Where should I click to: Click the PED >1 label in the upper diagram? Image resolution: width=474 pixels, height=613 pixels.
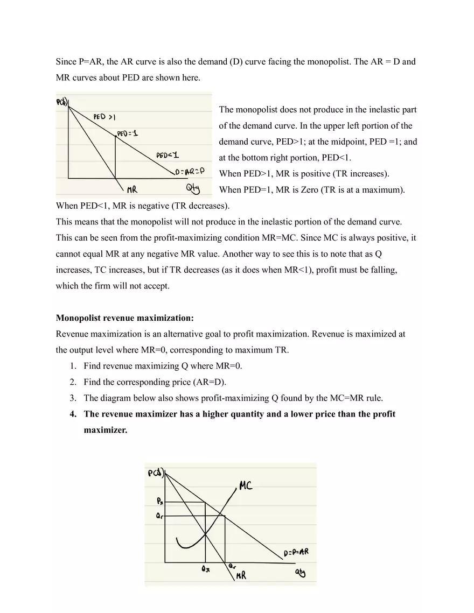(104, 116)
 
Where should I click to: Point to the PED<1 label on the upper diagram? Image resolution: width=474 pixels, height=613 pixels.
(168, 156)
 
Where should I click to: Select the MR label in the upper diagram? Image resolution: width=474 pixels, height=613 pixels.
(132, 189)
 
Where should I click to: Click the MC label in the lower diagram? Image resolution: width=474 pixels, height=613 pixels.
(246, 485)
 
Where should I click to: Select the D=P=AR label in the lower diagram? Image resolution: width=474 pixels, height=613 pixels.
(296, 553)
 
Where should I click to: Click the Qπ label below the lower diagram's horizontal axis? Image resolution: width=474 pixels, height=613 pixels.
(205, 569)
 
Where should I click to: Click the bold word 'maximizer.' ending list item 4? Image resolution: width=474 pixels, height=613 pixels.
(105, 430)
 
